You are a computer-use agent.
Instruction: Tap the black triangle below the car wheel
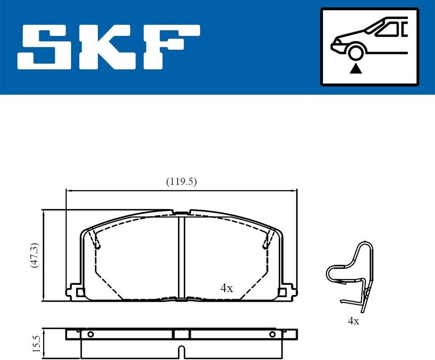click(355, 68)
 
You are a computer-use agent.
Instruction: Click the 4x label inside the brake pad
click(226, 288)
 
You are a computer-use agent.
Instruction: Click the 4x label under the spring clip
click(353, 321)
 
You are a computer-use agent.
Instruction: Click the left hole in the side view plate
click(90, 334)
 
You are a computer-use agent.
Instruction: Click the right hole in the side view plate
click(272, 334)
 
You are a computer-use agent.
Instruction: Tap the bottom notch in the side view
click(181, 351)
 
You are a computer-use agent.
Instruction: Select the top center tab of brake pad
click(181, 213)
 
